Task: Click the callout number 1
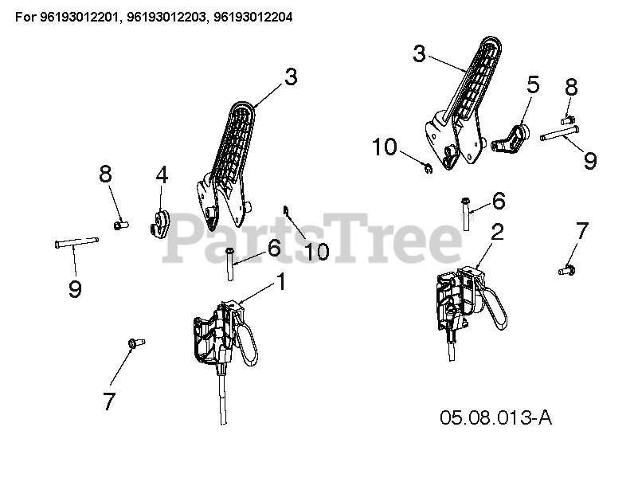(280, 281)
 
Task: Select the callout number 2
(497, 232)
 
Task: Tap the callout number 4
(162, 175)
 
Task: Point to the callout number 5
(533, 84)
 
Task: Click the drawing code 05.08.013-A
(495, 417)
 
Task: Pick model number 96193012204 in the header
(252, 17)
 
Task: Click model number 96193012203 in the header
(166, 17)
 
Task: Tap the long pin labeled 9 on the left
(76, 242)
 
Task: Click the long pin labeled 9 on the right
(560, 134)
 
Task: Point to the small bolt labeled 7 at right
(567, 269)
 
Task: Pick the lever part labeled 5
(511, 139)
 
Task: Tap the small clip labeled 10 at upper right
(428, 168)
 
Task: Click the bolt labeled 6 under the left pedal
(230, 264)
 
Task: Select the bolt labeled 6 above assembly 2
(466, 214)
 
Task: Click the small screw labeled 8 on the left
(120, 225)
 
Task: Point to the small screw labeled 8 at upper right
(568, 120)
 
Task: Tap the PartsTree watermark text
(312, 238)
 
